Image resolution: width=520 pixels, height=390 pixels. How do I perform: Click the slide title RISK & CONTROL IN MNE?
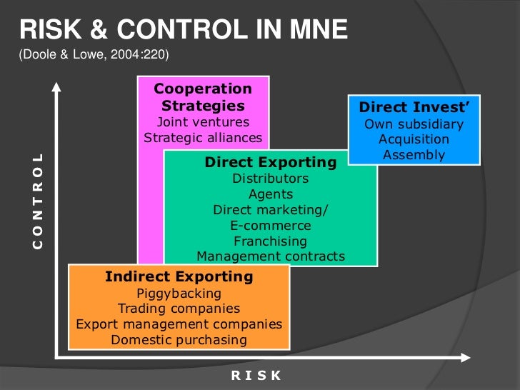[x=183, y=29]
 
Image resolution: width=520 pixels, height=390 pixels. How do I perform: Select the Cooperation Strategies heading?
[x=203, y=98]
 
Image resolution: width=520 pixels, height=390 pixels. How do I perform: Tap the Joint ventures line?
[x=203, y=122]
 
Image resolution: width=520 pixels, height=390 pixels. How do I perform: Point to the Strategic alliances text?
[x=203, y=138]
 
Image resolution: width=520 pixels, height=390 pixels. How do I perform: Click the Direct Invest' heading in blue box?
[x=414, y=108]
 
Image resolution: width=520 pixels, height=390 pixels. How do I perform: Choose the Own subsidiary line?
[x=414, y=124]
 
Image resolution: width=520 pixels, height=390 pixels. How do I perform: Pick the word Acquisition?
[x=414, y=139]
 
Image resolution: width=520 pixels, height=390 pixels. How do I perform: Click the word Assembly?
[x=414, y=154]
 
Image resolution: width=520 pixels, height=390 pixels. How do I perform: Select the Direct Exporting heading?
[x=270, y=162]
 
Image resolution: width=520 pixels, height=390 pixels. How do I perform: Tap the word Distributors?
[x=270, y=178]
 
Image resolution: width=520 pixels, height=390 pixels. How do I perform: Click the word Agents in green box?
[x=270, y=194]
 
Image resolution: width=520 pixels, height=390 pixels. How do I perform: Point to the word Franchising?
[x=270, y=241]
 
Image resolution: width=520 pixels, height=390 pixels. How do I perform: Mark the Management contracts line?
[x=270, y=256]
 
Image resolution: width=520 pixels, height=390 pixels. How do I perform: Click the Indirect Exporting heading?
[x=179, y=276]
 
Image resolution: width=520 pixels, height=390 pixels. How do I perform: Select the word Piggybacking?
[x=179, y=293]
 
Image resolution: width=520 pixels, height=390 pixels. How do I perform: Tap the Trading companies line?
[x=179, y=309]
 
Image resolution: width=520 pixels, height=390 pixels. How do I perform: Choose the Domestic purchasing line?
[x=179, y=339]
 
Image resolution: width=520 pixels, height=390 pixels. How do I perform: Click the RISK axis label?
[x=256, y=376]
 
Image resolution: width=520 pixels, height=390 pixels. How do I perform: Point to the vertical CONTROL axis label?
[x=38, y=201]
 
